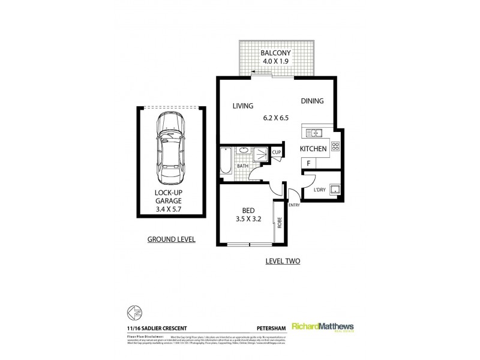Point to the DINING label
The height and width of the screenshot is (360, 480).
click(x=312, y=101)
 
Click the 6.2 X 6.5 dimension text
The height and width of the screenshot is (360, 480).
click(x=276, y=118)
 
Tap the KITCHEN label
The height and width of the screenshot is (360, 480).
click(x=313, y=148)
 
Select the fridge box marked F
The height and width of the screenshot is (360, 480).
click(x=308, y=163)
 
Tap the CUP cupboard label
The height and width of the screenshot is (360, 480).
click(x=277, y=153)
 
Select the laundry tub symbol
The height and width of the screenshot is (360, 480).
click(x=337, y=191)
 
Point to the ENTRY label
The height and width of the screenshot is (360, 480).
click(x=294, y=205)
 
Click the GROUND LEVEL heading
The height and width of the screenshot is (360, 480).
click(x=172, y=239)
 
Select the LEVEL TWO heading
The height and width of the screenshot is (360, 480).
click(x=283, y=261)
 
